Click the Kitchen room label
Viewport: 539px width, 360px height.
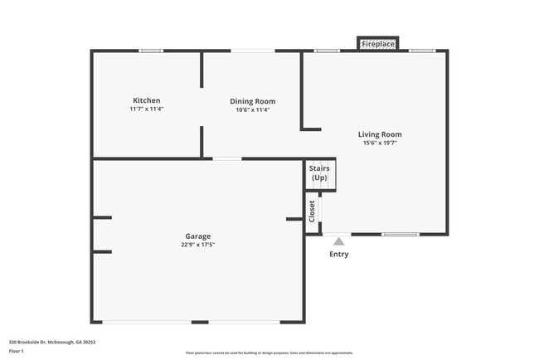(x=146, y=100)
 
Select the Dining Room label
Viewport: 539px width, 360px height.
(x=253, y=101)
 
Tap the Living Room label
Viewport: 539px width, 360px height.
(x=380, y=134)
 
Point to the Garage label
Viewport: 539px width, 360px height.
(x=197, y=236)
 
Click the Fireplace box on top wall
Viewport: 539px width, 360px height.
(x=378, y=43)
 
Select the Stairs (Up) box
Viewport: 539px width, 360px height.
(x=319, y=173)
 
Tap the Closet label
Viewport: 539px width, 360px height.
(x=313, y=211)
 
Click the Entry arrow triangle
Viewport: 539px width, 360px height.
(x=338, y=241)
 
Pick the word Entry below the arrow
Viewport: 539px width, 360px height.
(x=338, y=255)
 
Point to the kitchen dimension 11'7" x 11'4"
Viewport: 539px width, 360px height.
(x=146, y=109)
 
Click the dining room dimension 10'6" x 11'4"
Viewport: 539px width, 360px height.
(x=253, y=109)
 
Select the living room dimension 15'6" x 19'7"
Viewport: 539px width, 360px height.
(x=380, y=143)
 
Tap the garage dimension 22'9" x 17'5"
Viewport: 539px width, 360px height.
(x=197, y=245)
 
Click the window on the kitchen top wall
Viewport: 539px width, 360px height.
(x=151, y=51)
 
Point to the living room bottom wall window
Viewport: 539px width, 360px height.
(x=400, y=234)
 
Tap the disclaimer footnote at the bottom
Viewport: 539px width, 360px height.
(x=269, y=353)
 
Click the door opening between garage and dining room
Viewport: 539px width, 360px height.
(x=227, y=158)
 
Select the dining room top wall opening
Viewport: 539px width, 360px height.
(x=253, y=51)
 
